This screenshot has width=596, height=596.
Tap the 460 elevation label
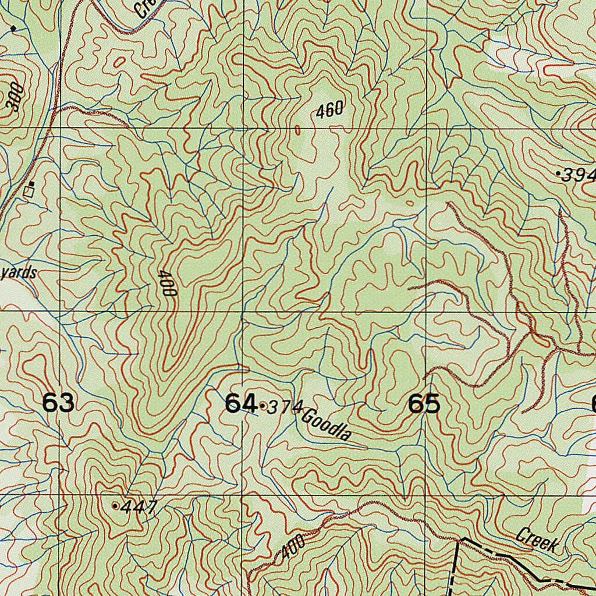pos(331,110)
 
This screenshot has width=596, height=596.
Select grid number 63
pos(59,403)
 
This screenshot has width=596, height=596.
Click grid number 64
pos(241,403)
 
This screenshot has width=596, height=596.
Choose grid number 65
pos(424,403)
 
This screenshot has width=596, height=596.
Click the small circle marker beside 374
pos(264,406)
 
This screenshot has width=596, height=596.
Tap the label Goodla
pos(327,425)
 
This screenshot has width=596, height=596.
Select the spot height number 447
pos(140,507)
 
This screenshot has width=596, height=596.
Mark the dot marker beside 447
pos(115,506)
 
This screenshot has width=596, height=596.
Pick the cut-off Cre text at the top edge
pos(142,8)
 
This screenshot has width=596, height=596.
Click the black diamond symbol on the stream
pos(13,27)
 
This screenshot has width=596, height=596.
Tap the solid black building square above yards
pos(33,185)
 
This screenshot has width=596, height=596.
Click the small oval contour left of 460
pos(298,130)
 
